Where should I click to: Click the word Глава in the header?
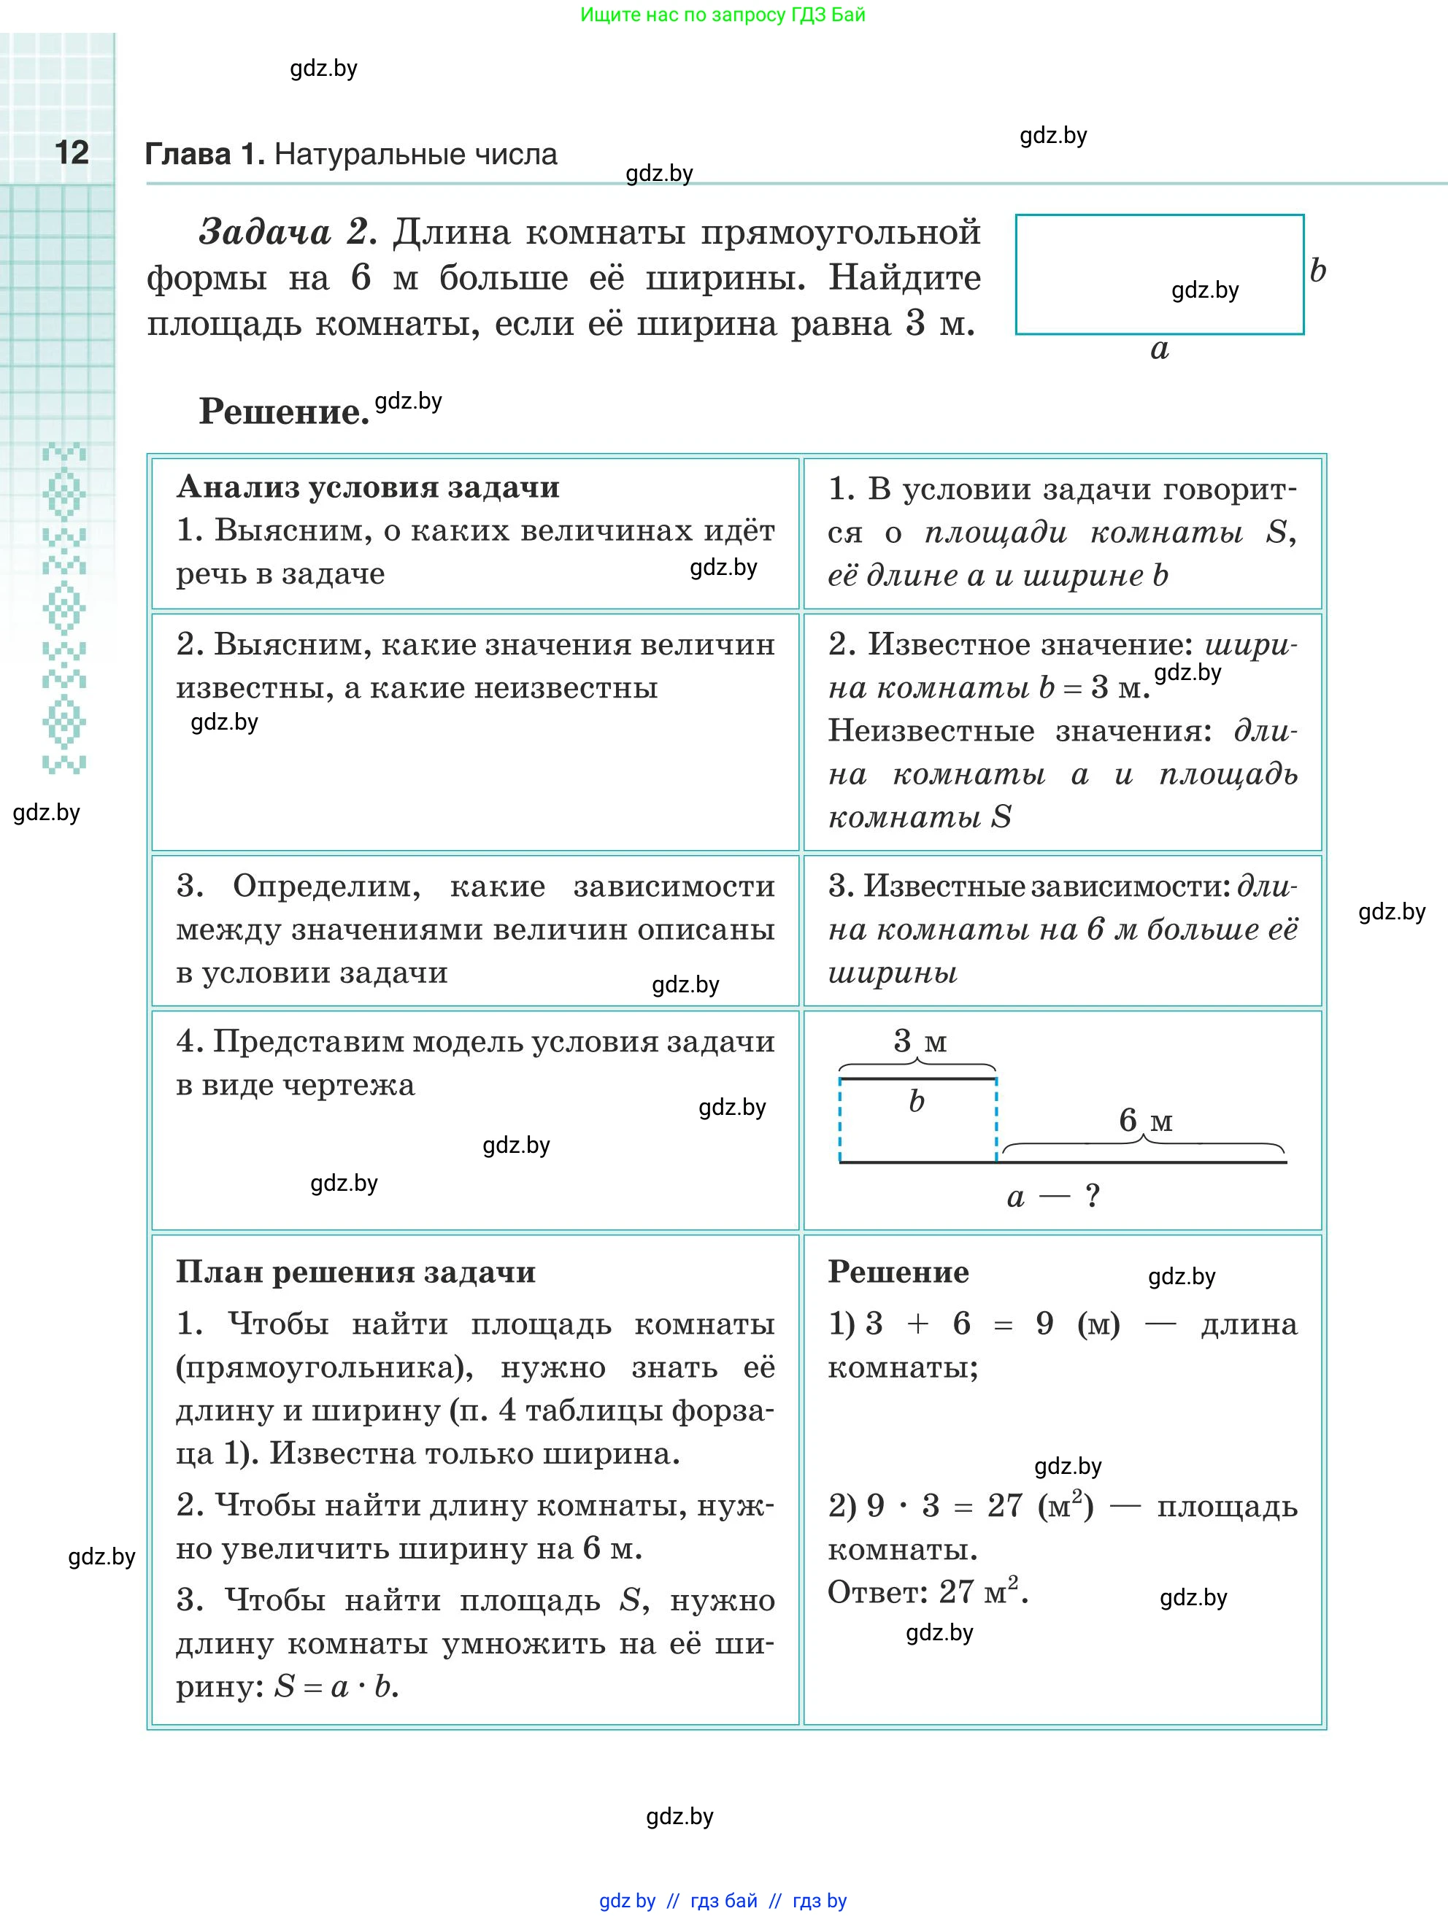coord(188,155)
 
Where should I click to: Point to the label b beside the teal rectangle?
coord(1318,271)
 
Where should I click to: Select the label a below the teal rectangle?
coord(1159,350)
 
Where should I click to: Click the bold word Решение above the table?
coord(284,412)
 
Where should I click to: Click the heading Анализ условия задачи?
coord(368,487)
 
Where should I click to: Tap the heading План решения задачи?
coord(355,1272)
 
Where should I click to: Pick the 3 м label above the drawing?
coord(920,1040)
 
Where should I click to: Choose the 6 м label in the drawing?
coord(1145,1120)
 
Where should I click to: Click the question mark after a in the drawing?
coord(1093,1197)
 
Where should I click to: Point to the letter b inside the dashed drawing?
coord(916,1101)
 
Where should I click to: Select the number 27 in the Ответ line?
coord(956,1592)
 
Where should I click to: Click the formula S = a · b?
coord(335,1686)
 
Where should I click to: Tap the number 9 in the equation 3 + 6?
coord(1044,1324)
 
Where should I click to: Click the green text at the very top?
coord(723,15)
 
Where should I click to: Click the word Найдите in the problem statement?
coord(904,277)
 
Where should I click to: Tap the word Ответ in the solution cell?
coord(877,1592)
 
